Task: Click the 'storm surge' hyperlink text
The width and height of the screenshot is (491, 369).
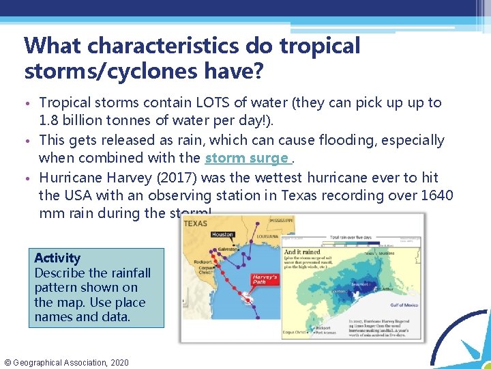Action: click(x=246, y=159)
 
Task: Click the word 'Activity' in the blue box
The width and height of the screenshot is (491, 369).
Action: click(x=57, y=258)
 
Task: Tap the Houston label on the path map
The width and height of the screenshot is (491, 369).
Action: click(x=222, y=234)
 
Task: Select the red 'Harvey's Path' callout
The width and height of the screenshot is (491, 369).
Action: click(x=265, y=280)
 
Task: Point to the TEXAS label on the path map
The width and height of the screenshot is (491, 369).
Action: click(x=196, y=223)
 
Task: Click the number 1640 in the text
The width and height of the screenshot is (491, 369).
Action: click(x=436, y=195)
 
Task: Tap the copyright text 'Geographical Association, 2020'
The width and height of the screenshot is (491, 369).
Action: click(x=72, y=362)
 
